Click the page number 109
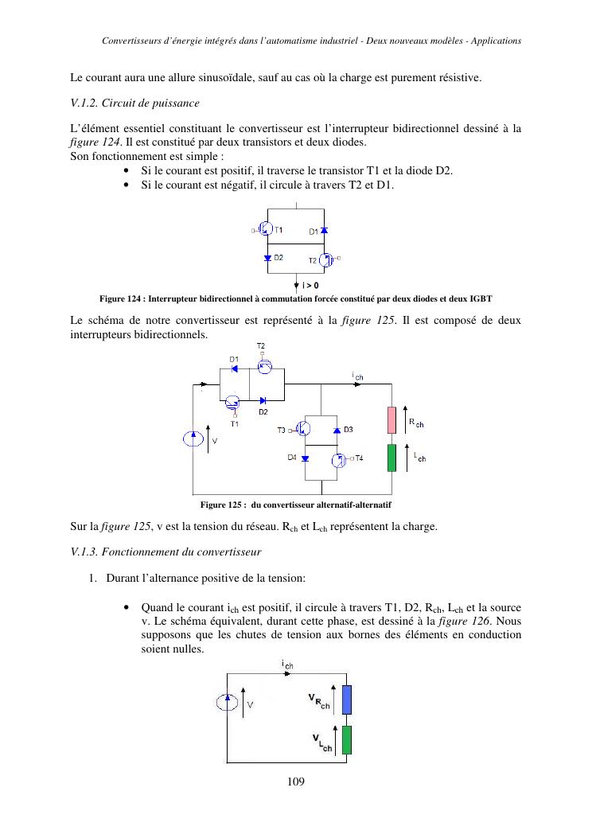(x=296, y=781)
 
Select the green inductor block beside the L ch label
(x=391, y=458)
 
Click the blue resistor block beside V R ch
(x=347, y=700)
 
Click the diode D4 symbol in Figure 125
(x=305, y=458)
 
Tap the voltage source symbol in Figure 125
(x=193, y=438)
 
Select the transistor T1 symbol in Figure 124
(x=267, y=229)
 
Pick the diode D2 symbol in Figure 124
(x=267, y=258)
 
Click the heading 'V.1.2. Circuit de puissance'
(x=135, y=103)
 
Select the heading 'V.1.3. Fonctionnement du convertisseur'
(x=166, y=551)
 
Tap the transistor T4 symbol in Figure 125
(x=337, y=459)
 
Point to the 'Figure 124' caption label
(x=121, y=298)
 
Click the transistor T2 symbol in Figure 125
(x=265, y=366)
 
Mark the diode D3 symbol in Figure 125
(x=337, y=430)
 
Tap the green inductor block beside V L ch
(x=347, y=739)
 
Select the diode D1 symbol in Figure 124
(x=325, y=230)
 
